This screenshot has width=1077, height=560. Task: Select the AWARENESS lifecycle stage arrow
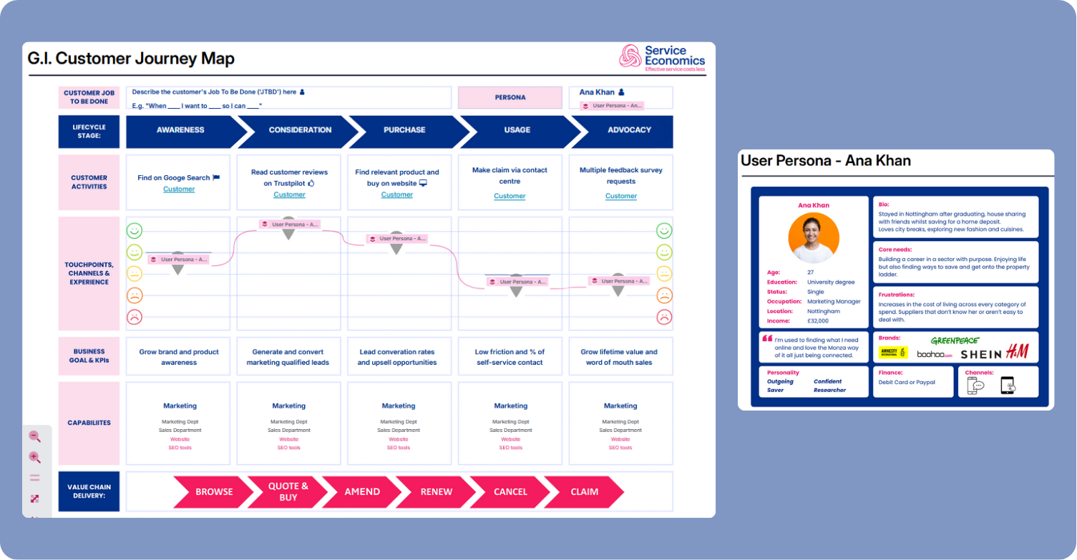tap(180, 130)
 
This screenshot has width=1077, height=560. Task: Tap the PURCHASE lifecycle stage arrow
tap(404, 130)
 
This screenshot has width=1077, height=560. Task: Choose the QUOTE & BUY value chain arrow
tap(288, 491)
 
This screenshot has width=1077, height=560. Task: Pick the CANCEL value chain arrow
tap(510, 491)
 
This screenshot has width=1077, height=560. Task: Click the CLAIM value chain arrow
tap(584, 491)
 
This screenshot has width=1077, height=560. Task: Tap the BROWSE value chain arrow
tap(214, 491)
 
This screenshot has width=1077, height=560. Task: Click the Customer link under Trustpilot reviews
tap(290, 195)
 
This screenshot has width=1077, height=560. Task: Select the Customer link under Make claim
tap(510, 196)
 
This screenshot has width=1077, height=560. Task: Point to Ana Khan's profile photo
tap(814, 238)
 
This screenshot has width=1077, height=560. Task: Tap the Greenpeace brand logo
tap(955, 340)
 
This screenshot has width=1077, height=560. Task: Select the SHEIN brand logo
tap(980, 354)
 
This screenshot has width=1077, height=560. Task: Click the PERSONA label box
tap(510, 97)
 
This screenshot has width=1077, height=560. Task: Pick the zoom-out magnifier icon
tap(34, 436)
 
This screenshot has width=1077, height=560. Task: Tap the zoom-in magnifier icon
tap(34, 458)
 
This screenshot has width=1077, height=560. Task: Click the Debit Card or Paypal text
tap(906, 382)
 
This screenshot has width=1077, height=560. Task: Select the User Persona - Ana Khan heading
tap(825, 161)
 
